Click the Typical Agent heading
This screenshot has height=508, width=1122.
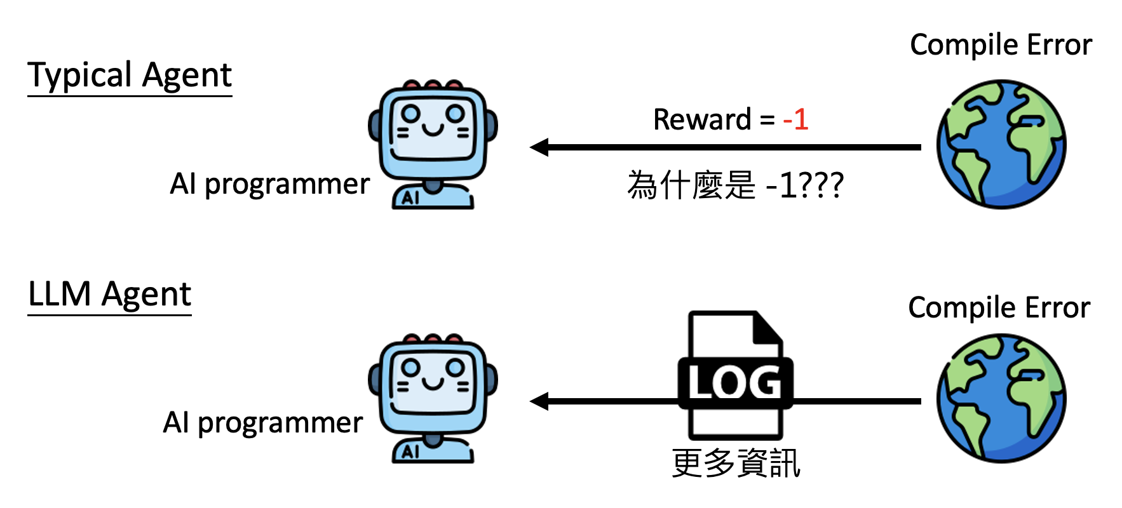(130, 76)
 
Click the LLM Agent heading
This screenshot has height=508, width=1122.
(109, 295)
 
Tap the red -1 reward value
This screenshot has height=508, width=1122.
(795, 119)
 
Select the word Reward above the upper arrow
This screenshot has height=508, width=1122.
(702, 119)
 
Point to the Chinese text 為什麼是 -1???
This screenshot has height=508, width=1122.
(735, 185)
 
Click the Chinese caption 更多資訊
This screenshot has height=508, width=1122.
(736, 463)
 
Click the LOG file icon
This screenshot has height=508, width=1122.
(735, 375)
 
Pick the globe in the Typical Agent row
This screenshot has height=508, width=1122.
(1001, 144)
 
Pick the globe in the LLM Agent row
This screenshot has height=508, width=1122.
(1001, 399)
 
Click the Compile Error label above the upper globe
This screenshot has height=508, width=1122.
(1001, 45)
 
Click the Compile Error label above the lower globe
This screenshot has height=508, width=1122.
(999, 308)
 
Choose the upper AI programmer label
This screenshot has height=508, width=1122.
(269, 184)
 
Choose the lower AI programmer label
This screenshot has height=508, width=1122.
(262, 422)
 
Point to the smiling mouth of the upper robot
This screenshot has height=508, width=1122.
(433, 130)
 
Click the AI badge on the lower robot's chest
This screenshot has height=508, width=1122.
(411, 451)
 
